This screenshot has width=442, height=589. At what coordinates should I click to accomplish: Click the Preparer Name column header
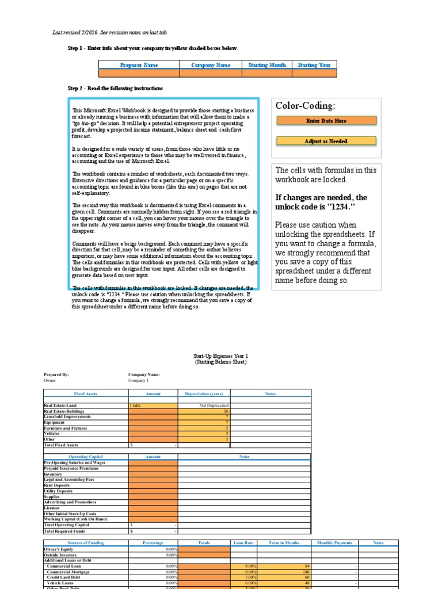point(139,65)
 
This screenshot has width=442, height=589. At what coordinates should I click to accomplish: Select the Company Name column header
point(211,65)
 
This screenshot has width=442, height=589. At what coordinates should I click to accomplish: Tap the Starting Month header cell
point(266,65)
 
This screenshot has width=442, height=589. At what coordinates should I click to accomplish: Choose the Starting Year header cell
point(314,65)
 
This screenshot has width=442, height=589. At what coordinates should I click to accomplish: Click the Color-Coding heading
point(306,106)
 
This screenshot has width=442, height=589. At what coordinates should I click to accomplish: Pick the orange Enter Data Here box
point(326,121)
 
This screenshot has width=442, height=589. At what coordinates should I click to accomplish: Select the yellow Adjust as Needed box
point(326,141)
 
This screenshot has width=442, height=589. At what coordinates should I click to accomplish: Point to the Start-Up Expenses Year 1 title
point(220,357)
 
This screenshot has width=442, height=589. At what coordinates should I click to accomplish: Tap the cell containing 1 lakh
point(153,406)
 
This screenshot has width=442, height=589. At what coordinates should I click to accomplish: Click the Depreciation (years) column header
point(204,394)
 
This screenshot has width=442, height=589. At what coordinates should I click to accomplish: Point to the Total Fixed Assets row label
point(61,445)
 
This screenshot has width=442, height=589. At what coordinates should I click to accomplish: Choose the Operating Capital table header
point(86,456)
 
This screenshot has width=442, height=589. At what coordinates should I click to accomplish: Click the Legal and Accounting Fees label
point(69,479)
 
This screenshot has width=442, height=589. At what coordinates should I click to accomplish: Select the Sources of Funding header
point(86,542)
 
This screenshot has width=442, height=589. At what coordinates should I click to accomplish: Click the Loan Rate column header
point(243,542)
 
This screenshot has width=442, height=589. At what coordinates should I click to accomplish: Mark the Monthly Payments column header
point(334,542)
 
